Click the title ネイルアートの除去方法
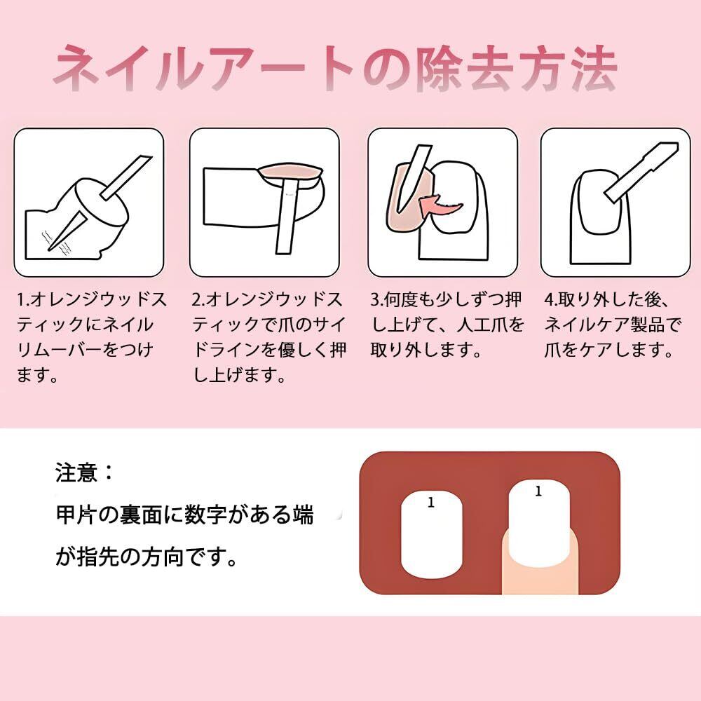(x=335, y=69)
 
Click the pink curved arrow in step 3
(x=440, y=205)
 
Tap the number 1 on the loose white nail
(x=431, y=502)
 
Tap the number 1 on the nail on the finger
(x=538, y=491)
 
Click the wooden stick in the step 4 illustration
(x=640, y=173)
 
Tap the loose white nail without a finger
(x=431, y=535)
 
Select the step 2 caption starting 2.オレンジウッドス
(x=269, y=337)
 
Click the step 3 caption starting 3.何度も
(x=447, y=325)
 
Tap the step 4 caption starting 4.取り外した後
(x=613, y=325)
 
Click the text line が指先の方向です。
(x=147, y=557)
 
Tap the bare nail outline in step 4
(x=599, y=202)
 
